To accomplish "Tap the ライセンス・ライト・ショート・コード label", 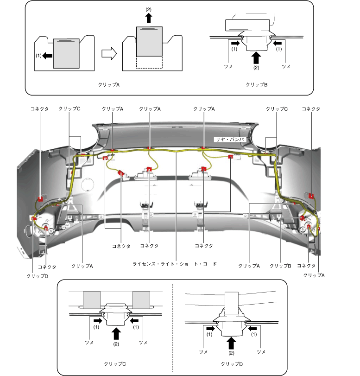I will [x=175, y=264].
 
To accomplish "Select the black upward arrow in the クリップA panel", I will [x=148, y=18].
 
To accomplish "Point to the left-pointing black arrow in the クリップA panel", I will [x=47, y=56].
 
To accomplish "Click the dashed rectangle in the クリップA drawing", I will [x=149, y=63].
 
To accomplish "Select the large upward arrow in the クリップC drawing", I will [x=116, y=332].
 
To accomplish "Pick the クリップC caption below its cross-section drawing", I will [x=115, y=364].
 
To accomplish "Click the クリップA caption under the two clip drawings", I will [x=109, y=85].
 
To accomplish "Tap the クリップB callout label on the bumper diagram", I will [x=280, y=266].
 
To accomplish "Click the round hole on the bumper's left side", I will [x=87, y=185].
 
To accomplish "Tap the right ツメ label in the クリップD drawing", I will [x=260, y=352].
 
